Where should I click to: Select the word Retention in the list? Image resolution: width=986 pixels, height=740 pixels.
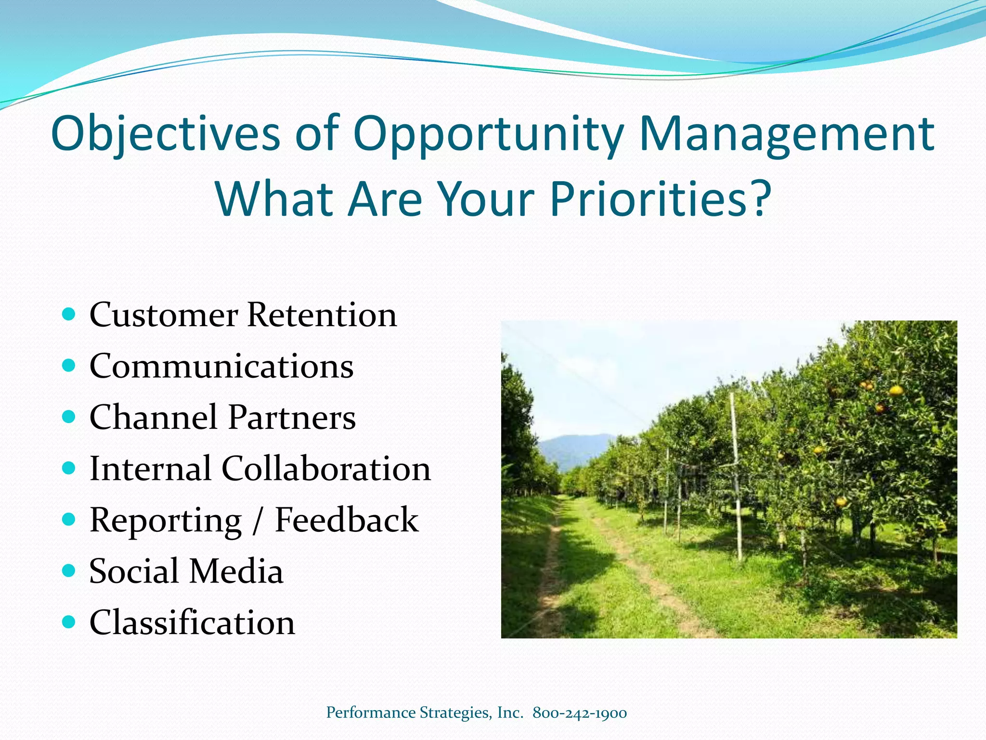coord(322,315)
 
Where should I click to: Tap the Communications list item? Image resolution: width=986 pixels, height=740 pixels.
coord(221,366)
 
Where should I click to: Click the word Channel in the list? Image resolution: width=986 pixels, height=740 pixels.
coord(153,417)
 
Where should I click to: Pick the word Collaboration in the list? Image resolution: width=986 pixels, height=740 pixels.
coord(326,469)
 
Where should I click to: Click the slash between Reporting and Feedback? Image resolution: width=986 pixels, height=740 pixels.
coord(259,520)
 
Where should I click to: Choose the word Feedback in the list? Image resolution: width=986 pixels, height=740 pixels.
coord(346,520)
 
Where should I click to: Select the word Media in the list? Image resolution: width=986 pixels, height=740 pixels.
coord(236,571)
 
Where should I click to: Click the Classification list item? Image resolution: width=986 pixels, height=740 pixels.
coord(192,622)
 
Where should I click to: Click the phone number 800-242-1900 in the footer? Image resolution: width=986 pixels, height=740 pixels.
coord(580,713)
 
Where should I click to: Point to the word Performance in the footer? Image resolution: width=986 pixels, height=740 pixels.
coord(371,713)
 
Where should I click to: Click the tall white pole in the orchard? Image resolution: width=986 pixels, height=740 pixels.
coord(736,477)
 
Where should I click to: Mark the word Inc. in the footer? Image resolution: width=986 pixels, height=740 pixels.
coord(510,713)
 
